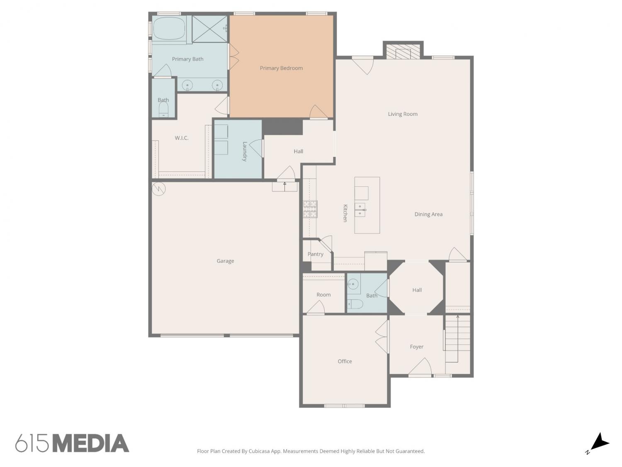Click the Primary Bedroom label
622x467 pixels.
(281, 68)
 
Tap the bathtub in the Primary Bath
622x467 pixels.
(170, 29)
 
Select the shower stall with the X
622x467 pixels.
(210, 29)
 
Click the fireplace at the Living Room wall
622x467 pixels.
(403, 51)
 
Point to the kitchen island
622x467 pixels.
(367, 205)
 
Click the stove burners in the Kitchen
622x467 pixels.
(310, 209)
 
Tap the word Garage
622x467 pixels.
(225, 261)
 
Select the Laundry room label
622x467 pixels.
(245, 152)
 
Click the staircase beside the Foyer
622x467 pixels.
(457, 339)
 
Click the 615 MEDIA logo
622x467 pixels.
(72, 443)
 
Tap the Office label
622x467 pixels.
(345, 361)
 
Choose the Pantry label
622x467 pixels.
(316, 254)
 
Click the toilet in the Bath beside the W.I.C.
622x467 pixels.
(163, 109)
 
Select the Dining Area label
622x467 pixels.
(428, 214)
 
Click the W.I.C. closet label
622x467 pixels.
(181, 138)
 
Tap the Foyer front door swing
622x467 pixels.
(420, 367)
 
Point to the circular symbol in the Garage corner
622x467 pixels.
(158, 188)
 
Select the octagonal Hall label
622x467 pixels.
(417, 290)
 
